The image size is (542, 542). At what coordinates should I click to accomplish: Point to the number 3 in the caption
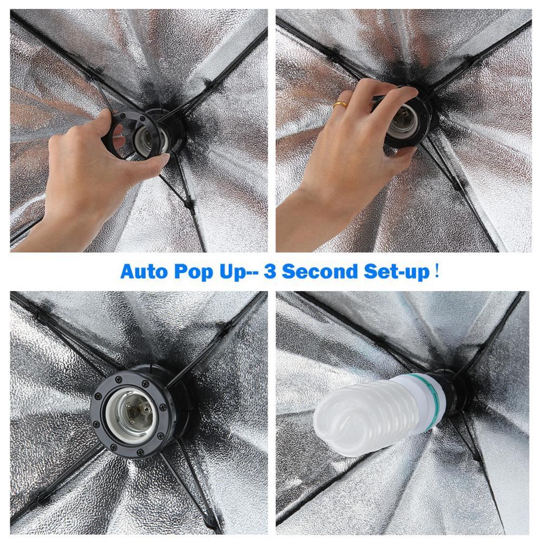(x=269, y=271)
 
